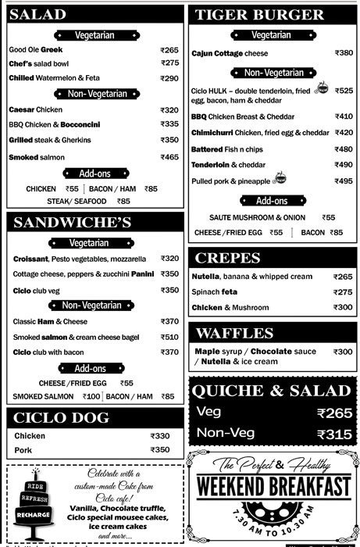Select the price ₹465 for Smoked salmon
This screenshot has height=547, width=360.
click(169, 157)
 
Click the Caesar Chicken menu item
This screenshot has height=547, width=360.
click(35, 110)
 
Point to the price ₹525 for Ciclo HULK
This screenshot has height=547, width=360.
click(344, 91)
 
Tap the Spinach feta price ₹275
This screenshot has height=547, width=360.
click(343, 292)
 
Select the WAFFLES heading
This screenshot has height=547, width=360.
click(234, 333)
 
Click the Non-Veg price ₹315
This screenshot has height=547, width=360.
click(335, 434)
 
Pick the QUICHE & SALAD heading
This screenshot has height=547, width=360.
click(270, 391)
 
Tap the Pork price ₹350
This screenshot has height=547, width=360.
click(159, 450)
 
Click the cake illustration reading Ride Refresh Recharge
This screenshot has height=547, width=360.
click(32, 504)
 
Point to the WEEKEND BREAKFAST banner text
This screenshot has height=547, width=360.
click(273, 487)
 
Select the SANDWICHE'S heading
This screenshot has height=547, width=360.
click(76, 223)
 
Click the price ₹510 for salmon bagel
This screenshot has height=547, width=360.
click(169, 337)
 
